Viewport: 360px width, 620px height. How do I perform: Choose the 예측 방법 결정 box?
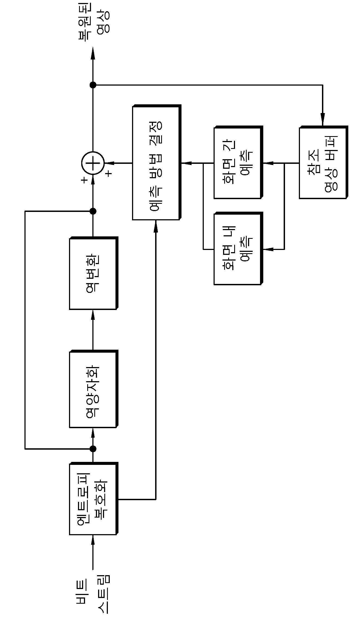point(157,162)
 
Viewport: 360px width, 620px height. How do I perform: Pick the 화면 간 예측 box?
point(238,162)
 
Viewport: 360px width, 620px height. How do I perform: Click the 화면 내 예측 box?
point(238,249)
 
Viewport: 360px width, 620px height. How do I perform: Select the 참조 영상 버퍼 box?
point(324,162)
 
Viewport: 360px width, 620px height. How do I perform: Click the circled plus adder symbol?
point(93,163)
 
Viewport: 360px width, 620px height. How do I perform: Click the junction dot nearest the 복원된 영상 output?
point(93,85)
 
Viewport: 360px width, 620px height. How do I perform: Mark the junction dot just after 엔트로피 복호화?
point(93,449)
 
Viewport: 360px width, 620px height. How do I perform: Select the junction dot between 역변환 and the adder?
point(93,211)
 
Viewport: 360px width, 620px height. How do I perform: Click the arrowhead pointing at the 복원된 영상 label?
point(93,53)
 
